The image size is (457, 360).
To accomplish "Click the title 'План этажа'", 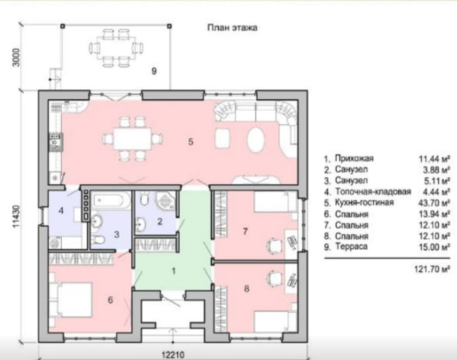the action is click(232, 28).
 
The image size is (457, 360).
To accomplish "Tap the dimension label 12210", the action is click(173, 355).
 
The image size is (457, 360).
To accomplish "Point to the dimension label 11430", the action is click(16, 216).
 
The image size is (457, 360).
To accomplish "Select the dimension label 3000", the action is click(16, 57).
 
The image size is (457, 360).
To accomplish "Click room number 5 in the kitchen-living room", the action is click(191, 142).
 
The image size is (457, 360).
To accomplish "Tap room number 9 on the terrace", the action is click(154, 71).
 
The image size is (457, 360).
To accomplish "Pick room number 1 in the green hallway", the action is click(174, 271).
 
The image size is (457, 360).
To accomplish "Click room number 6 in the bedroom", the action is click(111, 300).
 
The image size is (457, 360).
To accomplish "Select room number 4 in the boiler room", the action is click(61, 210).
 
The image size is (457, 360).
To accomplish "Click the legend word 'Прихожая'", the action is click(354, 158).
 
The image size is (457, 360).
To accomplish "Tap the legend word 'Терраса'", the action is click(351, 247).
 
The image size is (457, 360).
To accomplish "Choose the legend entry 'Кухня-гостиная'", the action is click(365, 203).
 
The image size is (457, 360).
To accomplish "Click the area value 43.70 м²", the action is click(434, 203).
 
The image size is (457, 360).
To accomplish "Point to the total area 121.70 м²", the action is click(432, 269).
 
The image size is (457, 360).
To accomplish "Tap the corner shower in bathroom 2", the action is click(165, 200).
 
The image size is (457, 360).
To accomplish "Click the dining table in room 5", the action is click(133, 139).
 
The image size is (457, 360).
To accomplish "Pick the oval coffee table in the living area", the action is click(256, 140).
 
